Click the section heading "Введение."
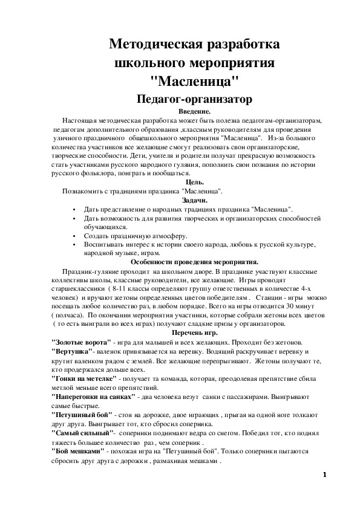click(194, 112)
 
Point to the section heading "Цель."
click(194, 182)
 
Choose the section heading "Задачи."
click(194, 199)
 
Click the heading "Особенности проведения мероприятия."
click(194, 262)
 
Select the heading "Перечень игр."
click(194, 333)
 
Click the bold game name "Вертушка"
click(72, 351)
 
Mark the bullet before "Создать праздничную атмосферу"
click(73, 235)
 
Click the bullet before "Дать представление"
click(73, 209)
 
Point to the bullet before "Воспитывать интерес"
click(73, 244)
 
